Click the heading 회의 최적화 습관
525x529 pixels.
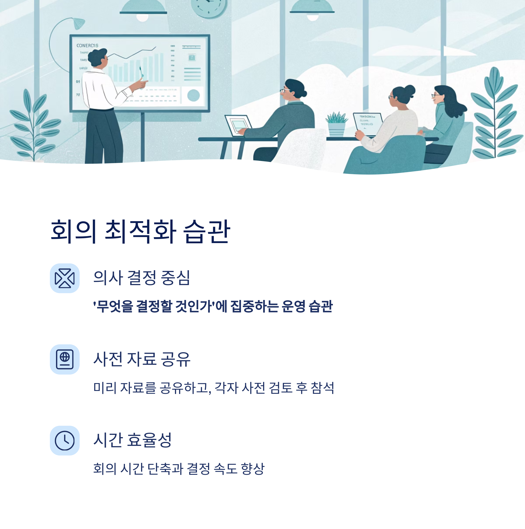click(140, 231)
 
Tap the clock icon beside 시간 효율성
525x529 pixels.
click(65, 441)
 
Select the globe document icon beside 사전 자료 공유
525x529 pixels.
click(65, 359)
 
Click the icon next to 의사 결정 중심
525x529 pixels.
click(65, 278)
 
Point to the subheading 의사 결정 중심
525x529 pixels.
click(142, 278)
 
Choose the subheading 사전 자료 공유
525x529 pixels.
click(142, 359)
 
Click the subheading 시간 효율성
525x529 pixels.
click(133, 440)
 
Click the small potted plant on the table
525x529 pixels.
click(336, 124)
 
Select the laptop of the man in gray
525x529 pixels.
click(238, 125)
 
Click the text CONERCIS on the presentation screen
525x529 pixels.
click(87, 46)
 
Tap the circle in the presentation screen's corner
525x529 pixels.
click(193, 95)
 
